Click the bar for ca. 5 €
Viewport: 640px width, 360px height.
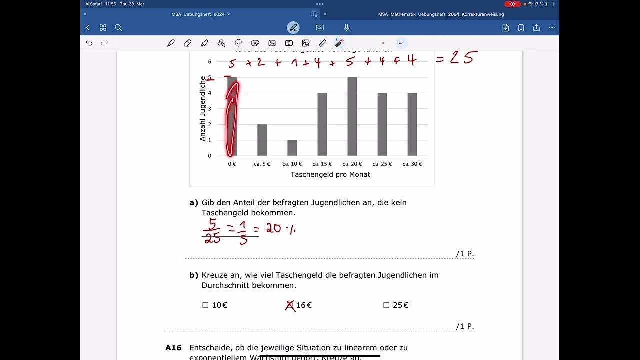pos(262,140)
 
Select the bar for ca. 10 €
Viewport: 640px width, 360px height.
pos(292,148)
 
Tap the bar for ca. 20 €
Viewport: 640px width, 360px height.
pos(352,117)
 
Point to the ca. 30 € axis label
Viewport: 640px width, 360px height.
pos(412,164)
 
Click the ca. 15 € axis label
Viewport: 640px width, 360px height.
pos(322,164)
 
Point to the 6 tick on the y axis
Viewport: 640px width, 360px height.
pos(210,62)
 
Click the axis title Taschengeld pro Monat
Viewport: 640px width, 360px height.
pos(330,175)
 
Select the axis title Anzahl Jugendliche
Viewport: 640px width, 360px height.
pos(203,108)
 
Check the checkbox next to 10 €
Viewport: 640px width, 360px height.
pos(205,305)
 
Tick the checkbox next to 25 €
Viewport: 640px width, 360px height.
pos(386,305)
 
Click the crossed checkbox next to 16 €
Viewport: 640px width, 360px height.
pos(290,305)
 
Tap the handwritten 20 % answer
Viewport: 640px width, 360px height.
pos(280,229)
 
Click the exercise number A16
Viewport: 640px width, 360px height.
pos(173,348)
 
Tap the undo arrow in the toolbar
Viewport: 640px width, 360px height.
pos(89,43)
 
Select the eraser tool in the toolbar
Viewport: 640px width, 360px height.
pos(188,43)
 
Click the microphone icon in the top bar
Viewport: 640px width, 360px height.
pos(346,28)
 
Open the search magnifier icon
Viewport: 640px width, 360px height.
pos(118,28)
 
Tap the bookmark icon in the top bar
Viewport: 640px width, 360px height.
pos(521,28)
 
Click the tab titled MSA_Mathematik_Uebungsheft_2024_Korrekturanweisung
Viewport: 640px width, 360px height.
pos(441,14)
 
